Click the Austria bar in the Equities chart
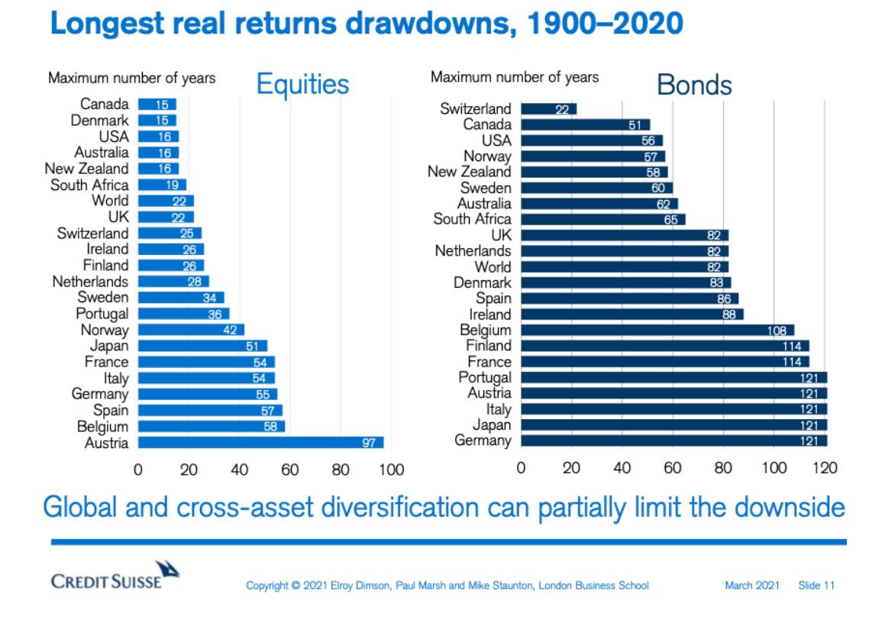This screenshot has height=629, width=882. coord(260,443)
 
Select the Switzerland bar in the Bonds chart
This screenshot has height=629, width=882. coord(548,109)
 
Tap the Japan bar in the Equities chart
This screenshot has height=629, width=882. coord(202,346)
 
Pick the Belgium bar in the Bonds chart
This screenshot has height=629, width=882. coord(657,331)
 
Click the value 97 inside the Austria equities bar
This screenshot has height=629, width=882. coord(369,443)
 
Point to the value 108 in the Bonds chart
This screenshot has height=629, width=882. coord(777,331)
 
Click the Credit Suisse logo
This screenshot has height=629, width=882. coord(115,576)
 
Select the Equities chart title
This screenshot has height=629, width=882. coord(302,84)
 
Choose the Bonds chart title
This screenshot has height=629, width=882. coord(693,85)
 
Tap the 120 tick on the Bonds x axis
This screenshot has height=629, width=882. coord(825,467)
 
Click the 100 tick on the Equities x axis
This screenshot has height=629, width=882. coord(391,469)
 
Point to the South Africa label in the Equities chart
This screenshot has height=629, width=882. coord(89,185)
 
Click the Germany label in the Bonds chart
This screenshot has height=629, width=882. coord(483,440)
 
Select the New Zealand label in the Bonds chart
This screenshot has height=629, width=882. coord(469,172)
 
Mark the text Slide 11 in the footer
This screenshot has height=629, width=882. coord(816,585)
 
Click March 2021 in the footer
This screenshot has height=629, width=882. coord(751,585)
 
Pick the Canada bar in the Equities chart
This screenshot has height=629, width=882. coord(157,105)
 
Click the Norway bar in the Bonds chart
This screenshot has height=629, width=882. coord(592,156)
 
